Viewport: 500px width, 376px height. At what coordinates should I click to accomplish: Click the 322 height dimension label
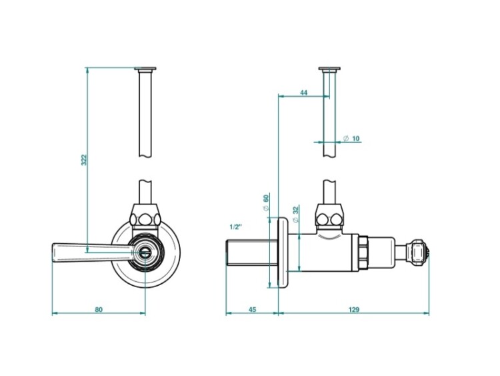point(84,160)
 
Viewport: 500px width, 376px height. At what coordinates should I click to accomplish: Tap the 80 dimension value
point(99,310)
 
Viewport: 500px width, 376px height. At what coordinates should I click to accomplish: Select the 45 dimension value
point(252,310)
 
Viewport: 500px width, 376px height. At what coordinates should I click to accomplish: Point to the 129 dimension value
point(354,310)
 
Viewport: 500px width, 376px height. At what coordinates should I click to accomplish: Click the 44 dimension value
point(303,93)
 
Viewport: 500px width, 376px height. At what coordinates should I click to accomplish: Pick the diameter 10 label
point(351,138)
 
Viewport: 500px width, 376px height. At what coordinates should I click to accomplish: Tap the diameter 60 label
point(266,203)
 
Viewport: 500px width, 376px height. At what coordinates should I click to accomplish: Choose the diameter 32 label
point(295,214)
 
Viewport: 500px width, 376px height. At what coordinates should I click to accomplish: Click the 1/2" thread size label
point(235,227)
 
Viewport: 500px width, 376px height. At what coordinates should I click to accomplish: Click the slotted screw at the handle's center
point(145,252)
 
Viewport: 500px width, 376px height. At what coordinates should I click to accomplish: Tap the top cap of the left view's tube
point(145,69)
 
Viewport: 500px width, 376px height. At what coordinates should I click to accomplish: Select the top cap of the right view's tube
point(329,69)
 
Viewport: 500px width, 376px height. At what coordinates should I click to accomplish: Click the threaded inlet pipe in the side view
point(252,252)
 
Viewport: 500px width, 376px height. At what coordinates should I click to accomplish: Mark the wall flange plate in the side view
point(283,252)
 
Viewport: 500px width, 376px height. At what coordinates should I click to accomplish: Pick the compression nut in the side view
point(330,218)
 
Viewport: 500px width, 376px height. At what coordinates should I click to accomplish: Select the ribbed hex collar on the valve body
point(364,252)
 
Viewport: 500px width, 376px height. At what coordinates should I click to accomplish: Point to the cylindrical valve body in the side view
point(323,252)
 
